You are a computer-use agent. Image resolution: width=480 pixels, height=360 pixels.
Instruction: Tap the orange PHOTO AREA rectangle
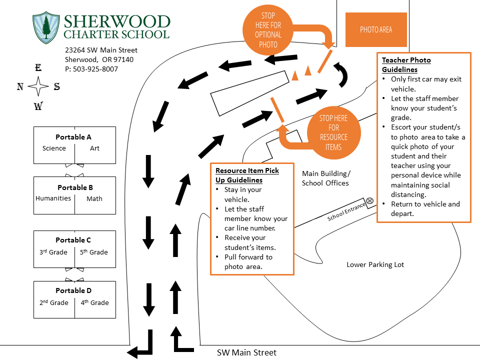(376, 30)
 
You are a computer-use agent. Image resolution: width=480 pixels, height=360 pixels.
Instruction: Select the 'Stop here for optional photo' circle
(268, 30)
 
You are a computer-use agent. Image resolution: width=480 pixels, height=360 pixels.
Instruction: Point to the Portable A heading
(73, 137)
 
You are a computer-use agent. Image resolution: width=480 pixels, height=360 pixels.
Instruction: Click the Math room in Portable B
(94, 198)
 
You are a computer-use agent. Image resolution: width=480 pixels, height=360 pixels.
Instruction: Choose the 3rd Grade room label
(53, 252)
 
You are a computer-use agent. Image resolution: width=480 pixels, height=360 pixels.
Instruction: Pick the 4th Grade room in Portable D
(94, 302)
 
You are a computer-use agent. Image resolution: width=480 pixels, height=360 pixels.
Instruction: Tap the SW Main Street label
(246, 352)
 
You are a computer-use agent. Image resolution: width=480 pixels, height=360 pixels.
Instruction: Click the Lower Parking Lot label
(375, 264)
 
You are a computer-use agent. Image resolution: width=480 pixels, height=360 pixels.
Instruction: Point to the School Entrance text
(347, 214)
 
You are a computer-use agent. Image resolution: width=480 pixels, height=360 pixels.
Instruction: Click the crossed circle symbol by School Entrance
(370, 201)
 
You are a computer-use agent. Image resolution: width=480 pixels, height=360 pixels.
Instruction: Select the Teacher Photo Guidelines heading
(406, 64)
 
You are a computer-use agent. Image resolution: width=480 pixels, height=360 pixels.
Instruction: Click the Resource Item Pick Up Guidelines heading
(247, 175)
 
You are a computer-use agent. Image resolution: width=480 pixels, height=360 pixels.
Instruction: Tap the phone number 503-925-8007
(91, 69)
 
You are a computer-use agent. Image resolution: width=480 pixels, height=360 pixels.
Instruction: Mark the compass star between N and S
(38, 87)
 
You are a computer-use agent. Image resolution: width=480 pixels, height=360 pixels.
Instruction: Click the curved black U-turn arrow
(341, 74)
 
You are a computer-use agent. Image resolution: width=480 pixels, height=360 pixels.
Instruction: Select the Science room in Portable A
(54, 148)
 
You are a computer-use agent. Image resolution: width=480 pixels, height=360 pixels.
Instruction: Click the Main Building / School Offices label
(325, 178)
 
